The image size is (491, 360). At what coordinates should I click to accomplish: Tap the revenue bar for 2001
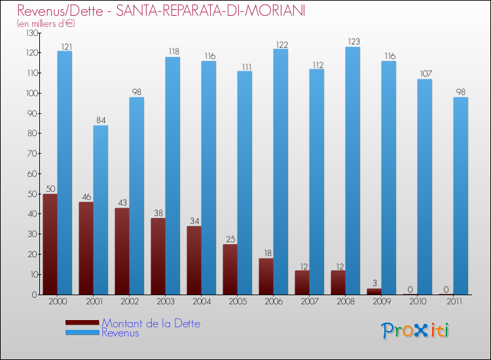pos(101,210)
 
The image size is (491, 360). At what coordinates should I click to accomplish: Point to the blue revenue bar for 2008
pos(353,171)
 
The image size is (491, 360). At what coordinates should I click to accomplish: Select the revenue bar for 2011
pos(461,196)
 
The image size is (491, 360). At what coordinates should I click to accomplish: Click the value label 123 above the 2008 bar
pos(353,42)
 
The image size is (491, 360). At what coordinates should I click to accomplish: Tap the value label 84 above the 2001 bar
pos(101,120)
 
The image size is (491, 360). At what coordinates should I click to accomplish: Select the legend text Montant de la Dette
pos(151,323)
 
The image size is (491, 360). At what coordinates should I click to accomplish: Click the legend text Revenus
pos(120,333)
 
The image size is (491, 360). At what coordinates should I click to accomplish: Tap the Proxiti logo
pos(415,331)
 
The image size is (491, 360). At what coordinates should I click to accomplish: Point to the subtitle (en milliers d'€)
pos(46,24)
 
